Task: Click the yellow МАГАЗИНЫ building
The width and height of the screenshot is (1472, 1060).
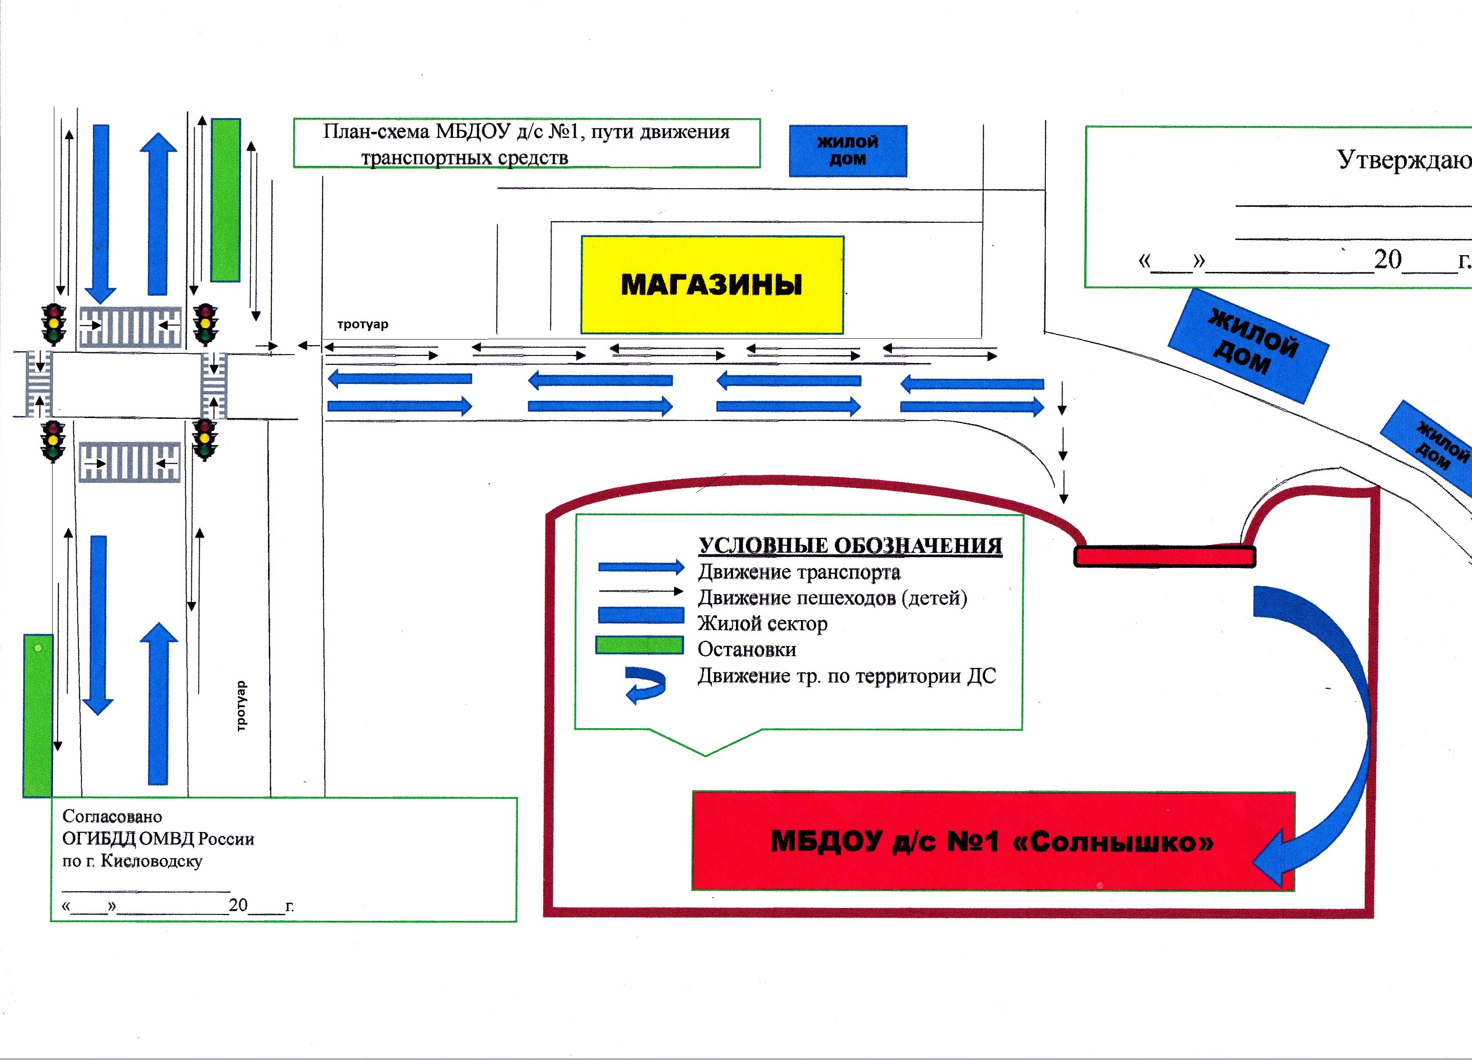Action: pyautogui.click(x=712, y=285)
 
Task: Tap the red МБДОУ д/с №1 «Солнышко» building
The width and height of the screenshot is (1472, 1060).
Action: pyautogui.click(x=993, y=841)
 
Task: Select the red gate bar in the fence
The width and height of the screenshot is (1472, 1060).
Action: pyautogui.click(x=1164, y=556)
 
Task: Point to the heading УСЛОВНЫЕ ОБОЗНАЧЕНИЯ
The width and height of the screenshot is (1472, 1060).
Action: pyautogui.click(x=850, y=545)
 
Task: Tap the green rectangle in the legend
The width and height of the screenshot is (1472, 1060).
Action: pyautogui.click(x=639, y=645)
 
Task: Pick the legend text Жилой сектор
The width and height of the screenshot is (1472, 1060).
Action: pyautogui.click(x=763, y=623)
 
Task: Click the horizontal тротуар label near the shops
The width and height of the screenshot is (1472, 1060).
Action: pyautogui.click(x=363, y=324)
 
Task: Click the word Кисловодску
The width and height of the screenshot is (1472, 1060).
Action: pyautogui.click(x=152, y=861)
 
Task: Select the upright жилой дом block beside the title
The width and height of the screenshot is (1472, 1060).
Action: pyautogui.click(x=848, y=150)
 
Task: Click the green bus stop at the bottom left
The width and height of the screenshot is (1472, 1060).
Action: pyautogui.click(x=37, y=715)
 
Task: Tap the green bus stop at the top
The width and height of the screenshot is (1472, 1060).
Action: pyautogui.click(x=226, y=200)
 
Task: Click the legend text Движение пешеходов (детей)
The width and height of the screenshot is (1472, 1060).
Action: pyautogui.click(x=832, y=597)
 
